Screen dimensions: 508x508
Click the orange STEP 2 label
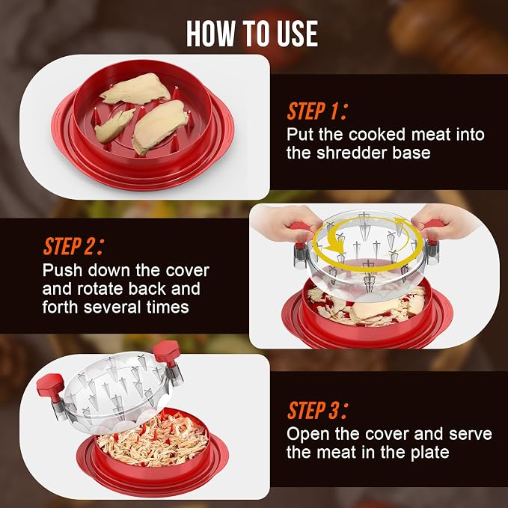coord(73,246)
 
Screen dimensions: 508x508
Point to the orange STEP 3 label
coord(317,410)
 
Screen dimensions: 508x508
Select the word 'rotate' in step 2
coord(100,289)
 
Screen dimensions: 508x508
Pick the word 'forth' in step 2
coord(61,307)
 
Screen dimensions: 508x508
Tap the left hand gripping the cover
coord(284,221)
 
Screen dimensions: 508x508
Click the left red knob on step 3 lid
coord(50,385)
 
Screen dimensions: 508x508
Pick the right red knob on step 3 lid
coord(167,352)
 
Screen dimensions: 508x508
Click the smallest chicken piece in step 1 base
coord(114,126)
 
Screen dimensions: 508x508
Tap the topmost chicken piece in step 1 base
coord(136,89)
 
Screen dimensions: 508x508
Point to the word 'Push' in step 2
coord(62,270)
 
